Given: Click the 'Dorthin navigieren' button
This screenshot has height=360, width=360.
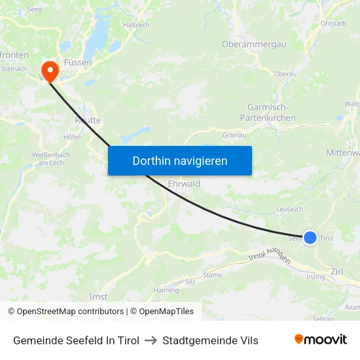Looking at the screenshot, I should [179, 160].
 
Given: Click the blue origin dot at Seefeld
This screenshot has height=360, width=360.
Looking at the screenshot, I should [310, 238].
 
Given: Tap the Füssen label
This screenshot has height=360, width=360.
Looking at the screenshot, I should [78, 62].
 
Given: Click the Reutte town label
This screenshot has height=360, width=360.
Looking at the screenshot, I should [87, 120].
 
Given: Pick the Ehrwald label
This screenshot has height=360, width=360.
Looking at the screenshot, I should [184, 184].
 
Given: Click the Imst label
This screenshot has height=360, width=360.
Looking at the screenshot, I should [98, 297].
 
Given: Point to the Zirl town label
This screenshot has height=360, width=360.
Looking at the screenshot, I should [337, 271].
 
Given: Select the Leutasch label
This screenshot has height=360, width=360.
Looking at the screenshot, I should [290, 209].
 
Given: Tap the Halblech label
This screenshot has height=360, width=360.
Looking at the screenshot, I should [136, 25].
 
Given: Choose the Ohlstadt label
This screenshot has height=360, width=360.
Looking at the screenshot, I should [333, 24].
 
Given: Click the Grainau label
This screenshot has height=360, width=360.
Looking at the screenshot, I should [234, 135].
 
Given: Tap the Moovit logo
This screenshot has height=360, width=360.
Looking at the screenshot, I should [320, 340].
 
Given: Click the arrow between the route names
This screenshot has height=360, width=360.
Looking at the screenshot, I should [151, 340].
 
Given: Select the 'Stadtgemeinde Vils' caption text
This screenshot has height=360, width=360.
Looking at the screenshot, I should [210, 340].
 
